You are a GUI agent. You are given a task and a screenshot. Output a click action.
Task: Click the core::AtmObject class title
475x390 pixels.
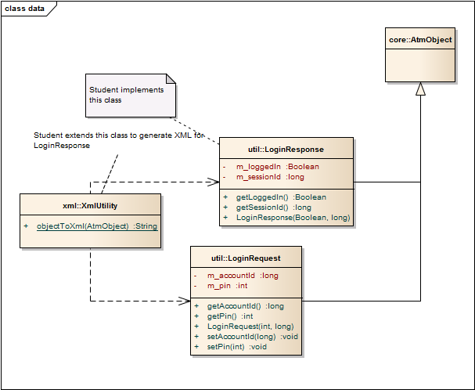click(420, 38)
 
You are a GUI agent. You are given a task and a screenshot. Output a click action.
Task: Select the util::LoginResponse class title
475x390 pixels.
click(286, 149)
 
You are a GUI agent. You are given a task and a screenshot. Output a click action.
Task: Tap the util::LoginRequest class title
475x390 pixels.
click(246, 257)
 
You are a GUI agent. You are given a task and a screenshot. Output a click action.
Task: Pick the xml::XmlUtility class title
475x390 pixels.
click(90, 205)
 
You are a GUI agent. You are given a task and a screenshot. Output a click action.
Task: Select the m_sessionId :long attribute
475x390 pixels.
click(270, 177)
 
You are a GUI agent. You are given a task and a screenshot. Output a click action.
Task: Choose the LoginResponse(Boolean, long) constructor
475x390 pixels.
click(292, 217)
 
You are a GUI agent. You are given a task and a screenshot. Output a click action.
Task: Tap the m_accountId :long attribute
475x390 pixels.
click(242, 275)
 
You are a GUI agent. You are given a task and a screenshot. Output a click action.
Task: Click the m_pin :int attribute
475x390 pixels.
click(227, 286)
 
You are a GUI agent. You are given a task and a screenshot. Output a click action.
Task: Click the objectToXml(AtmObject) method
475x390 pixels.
click(96, 226)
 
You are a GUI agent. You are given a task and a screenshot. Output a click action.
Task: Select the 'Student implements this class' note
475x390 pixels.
click(127, 95)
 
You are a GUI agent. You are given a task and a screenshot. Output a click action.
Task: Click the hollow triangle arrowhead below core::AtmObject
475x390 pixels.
click(420, 89)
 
